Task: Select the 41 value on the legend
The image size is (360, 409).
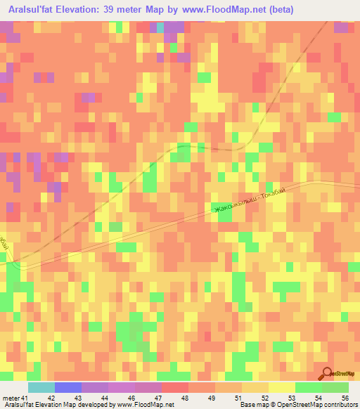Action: tap(26, 398)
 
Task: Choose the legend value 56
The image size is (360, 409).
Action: tap(345, 398)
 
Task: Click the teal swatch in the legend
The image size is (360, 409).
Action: tap(41, 387)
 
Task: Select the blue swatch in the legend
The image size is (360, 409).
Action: tap(68, 387)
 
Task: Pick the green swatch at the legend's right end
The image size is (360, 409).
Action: tap(335, 387)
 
